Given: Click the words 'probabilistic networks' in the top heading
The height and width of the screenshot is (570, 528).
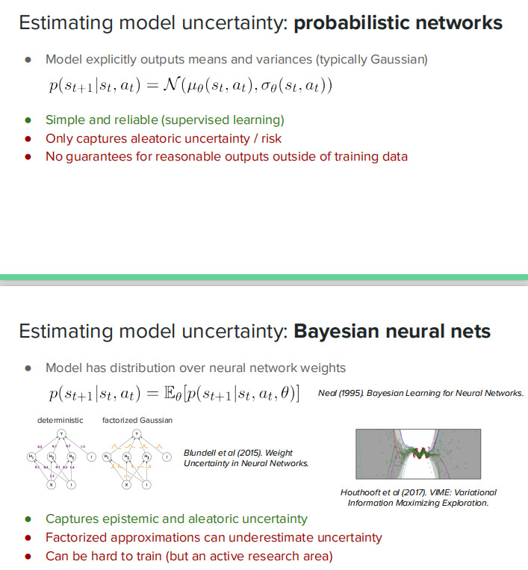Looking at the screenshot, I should [398, 22].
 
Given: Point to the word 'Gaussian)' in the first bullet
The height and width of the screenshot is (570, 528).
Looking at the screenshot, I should [401, 59].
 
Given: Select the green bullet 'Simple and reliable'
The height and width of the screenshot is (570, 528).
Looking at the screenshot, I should [164, 120].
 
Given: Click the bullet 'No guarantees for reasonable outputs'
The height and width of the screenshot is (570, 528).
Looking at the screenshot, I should [226, 157].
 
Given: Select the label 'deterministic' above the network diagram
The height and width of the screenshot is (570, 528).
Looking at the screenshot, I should [60, 421].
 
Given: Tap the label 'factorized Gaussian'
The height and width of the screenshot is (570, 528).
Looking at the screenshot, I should [137, 421].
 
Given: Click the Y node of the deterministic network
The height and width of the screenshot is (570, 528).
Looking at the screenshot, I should [62, 434].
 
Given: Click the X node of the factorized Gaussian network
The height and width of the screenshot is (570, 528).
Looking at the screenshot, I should [126, 485].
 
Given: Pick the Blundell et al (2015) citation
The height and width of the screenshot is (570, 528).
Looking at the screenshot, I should [246, 458].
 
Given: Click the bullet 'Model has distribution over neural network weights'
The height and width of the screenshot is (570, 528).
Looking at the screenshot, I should [195, 368].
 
